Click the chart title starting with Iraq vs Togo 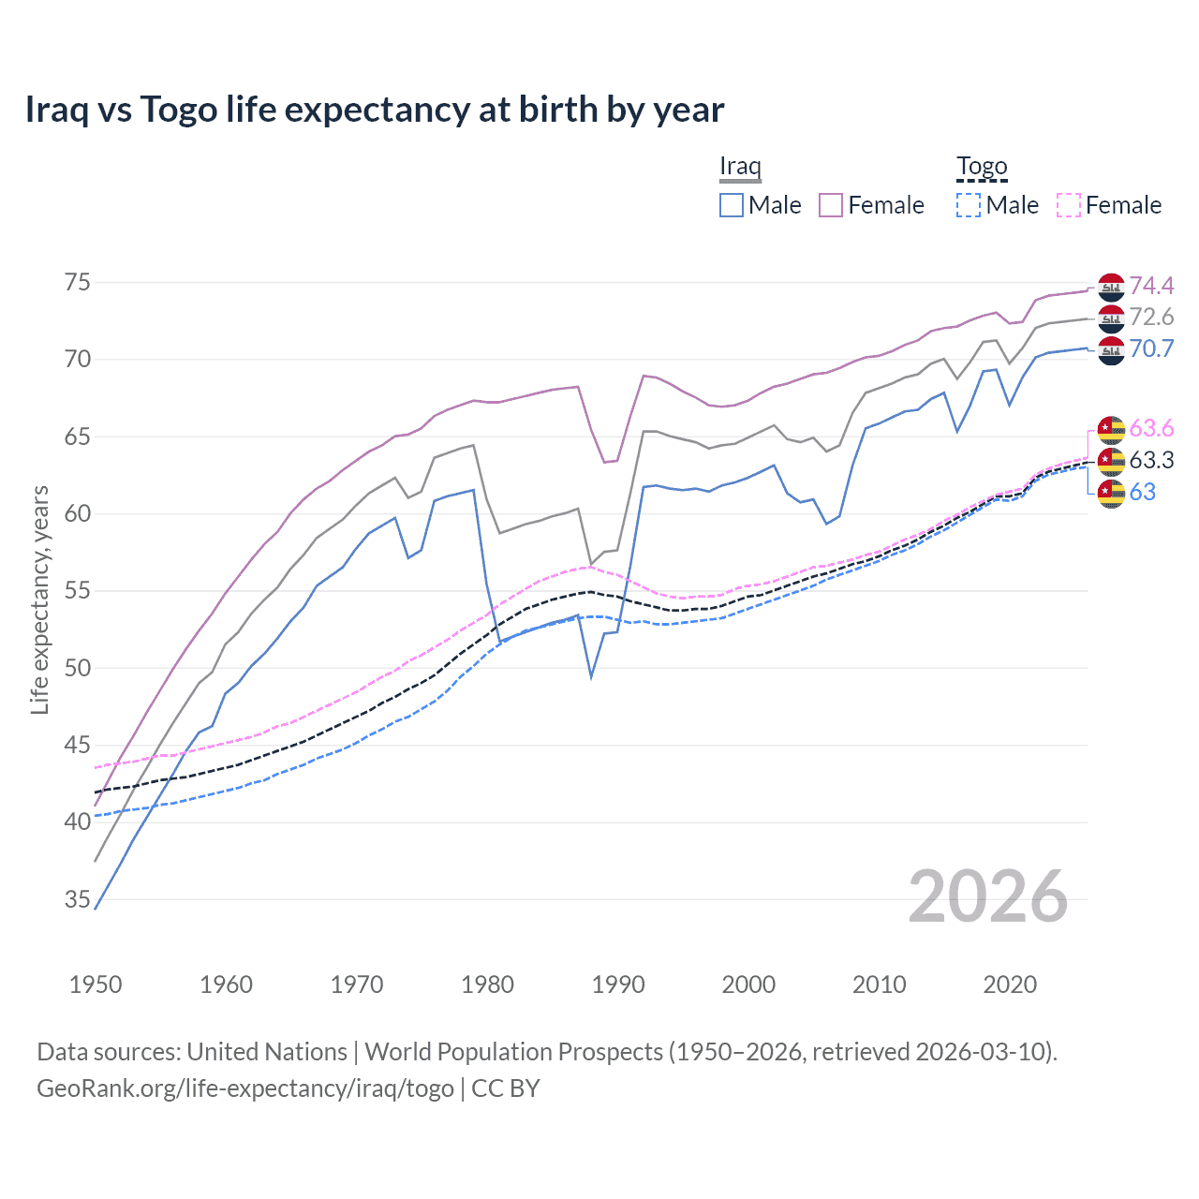[374, 110]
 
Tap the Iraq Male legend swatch [732, 205]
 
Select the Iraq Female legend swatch [831, 205]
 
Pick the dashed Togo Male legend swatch [969, 205]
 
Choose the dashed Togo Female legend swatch [1069, 205]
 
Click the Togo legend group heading [982, 167]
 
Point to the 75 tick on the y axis [78, 283]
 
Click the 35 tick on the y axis [78, 900]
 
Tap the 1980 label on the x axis [487, 984]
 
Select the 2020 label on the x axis [1010, 984]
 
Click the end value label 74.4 [1151, 286]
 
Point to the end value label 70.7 [1151, 349]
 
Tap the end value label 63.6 [1151, 429]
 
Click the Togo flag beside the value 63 [1111, 493]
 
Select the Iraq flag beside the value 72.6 [1111, 318]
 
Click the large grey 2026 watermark [988, 897]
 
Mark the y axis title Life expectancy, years [40, 599]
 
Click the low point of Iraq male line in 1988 [591, 676]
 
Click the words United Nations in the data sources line [267, 1052]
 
